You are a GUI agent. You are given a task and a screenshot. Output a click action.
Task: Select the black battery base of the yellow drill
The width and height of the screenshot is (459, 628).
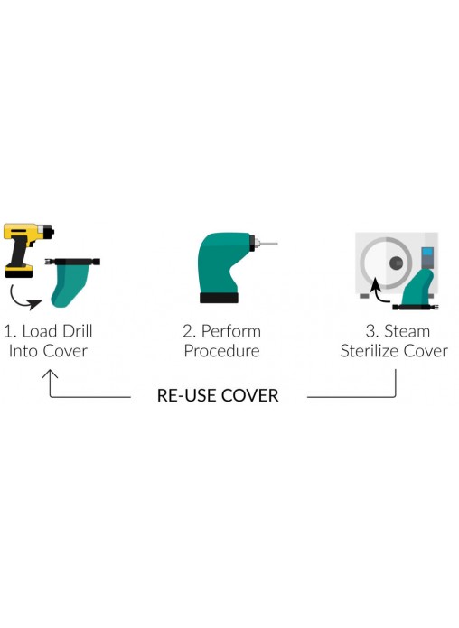[18, 272]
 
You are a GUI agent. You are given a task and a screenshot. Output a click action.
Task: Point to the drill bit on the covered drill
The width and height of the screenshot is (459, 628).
[267, 243]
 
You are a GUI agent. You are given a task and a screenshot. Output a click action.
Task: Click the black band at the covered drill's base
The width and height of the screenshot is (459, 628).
[219, 298]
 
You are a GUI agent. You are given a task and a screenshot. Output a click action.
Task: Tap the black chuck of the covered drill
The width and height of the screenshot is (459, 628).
[252, 243]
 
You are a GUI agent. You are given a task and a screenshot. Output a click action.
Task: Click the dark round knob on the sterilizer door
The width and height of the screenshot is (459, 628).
[397, 263]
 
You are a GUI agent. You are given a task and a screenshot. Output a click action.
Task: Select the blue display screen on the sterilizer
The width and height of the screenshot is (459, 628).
[427, 253]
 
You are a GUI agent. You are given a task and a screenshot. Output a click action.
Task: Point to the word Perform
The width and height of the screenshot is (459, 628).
[231, 331]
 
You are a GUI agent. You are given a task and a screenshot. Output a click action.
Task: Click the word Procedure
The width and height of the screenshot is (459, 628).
[222, 351]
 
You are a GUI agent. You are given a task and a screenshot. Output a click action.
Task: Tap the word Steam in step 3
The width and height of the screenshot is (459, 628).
[407, 331]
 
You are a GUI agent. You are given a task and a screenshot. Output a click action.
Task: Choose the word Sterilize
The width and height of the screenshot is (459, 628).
[370, 351]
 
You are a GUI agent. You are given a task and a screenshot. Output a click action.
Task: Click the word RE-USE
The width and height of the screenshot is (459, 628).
[186, 396]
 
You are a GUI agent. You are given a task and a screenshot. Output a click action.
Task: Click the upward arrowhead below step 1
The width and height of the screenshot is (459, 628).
[50, 374]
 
